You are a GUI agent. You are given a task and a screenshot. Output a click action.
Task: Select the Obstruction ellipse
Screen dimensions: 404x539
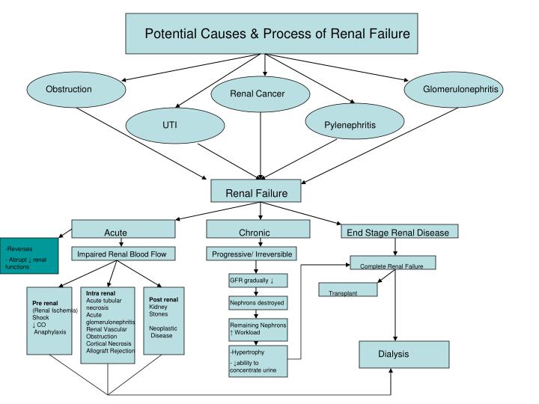(x=69, y=90)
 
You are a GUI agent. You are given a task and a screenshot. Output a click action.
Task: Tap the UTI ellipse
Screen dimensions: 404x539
(x=170, y=124)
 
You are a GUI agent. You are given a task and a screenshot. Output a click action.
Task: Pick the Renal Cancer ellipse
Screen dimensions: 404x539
(x=258, y=94)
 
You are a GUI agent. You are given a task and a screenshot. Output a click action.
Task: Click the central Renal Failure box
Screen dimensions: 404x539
(x=256, y=193)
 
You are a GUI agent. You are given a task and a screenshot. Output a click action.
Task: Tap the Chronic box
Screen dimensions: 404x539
(x=258, y=233)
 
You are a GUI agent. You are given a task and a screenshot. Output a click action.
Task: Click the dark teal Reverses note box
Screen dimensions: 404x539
(x=28, y=255)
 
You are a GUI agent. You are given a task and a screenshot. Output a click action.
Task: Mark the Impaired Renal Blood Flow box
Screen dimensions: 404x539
(x=121, y=254)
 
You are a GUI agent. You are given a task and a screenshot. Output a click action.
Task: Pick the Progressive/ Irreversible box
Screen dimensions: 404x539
(x=258, y=254)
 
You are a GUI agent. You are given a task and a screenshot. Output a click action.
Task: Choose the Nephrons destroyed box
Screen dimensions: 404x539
(x=258, y=304)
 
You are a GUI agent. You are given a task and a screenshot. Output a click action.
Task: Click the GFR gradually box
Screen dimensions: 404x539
(x=258, y=281)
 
